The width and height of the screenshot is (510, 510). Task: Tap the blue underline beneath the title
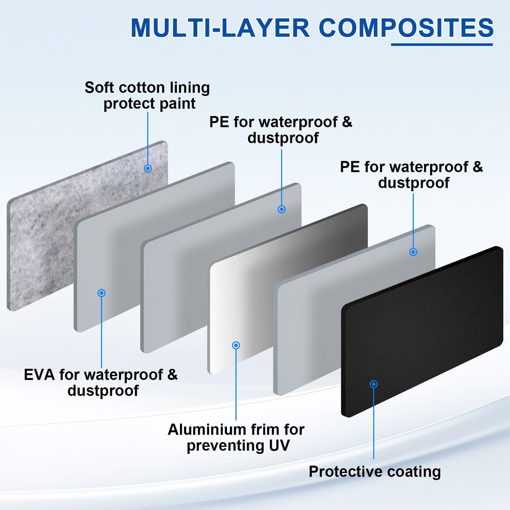pos(442,44)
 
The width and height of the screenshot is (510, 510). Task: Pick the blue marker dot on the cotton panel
pos(148,168)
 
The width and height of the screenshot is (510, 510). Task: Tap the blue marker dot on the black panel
pos(374,384)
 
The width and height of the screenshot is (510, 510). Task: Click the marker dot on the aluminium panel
pos(236,345)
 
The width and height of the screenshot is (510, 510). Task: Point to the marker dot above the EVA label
pos(102,293)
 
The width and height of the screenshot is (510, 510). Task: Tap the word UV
pos(279,445)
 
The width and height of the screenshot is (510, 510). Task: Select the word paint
pos(178,103)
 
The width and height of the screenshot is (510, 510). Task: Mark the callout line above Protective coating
pos(374,424)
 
